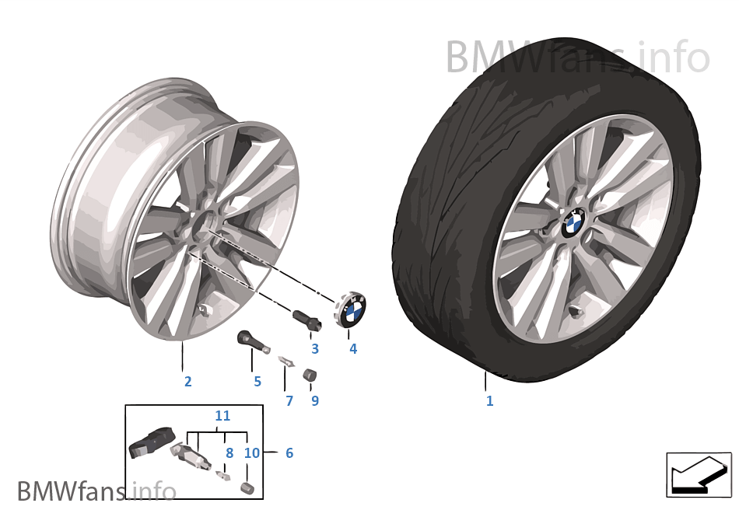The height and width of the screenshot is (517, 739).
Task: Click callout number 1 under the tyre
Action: coord(489,400)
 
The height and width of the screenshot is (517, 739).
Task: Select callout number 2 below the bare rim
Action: coord(188,382)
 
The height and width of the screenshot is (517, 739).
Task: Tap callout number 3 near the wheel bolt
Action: coord(315,348)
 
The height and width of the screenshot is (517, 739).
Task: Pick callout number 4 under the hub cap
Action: coord(353,348)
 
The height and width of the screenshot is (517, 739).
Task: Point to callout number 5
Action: coord(257,382)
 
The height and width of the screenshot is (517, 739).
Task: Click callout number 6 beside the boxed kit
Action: coord(289,453)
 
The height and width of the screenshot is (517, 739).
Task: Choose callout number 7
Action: coord(289,400)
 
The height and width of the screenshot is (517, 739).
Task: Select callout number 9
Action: coord(315,400)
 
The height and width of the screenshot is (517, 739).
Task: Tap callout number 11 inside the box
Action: coord(222,416)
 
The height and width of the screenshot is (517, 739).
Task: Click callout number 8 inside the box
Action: coord(229,453)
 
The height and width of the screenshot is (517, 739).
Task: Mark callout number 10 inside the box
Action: coord(252,453)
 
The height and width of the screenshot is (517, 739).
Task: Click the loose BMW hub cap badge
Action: coord(352,310)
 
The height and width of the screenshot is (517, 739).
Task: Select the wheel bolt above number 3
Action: coord(307,319)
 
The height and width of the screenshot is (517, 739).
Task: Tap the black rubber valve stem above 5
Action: coord(253,341)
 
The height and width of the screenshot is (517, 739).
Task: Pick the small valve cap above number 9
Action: coord(309,376)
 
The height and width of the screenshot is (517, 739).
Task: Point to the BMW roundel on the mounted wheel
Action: coord(573,222)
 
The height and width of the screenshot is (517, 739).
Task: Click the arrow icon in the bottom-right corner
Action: coord(699,474)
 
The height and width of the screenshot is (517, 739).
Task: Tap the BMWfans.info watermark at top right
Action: coord(577,58)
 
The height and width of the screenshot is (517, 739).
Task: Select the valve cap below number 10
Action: coord(247,487)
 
